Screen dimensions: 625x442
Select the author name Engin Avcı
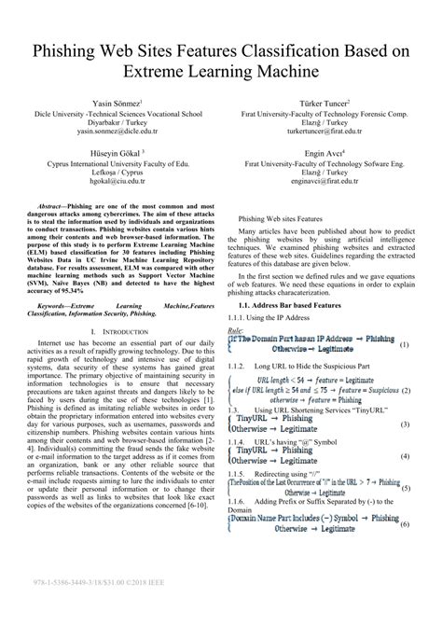[x=317, y=154]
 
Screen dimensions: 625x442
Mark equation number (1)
[x=405, y=345]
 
